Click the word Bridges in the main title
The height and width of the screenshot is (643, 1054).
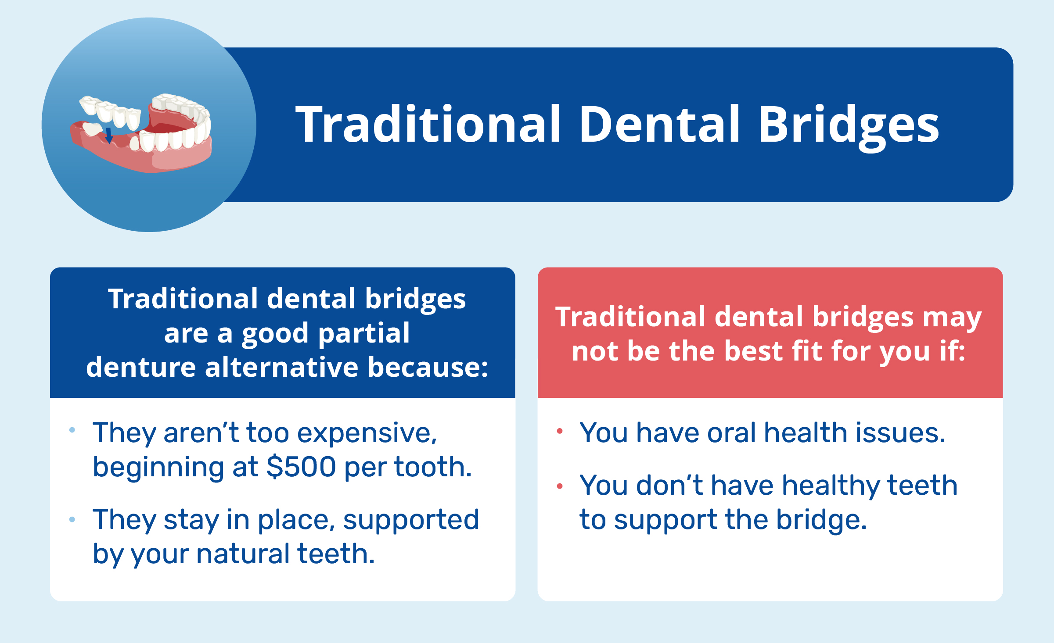pos(848,125)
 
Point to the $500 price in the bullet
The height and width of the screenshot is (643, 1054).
pos(301,467)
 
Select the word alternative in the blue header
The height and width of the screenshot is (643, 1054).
pos(281,367)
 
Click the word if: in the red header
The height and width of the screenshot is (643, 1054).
pos(953,351)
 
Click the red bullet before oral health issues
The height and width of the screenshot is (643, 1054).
pos(560,431)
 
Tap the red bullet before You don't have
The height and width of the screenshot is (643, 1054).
pos(560,486)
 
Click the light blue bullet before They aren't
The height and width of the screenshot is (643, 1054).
pos(72,430)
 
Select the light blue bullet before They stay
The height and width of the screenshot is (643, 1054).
pos(72,520)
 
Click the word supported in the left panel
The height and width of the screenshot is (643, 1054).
pos(411,520)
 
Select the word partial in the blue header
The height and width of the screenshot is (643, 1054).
pos(364,333)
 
